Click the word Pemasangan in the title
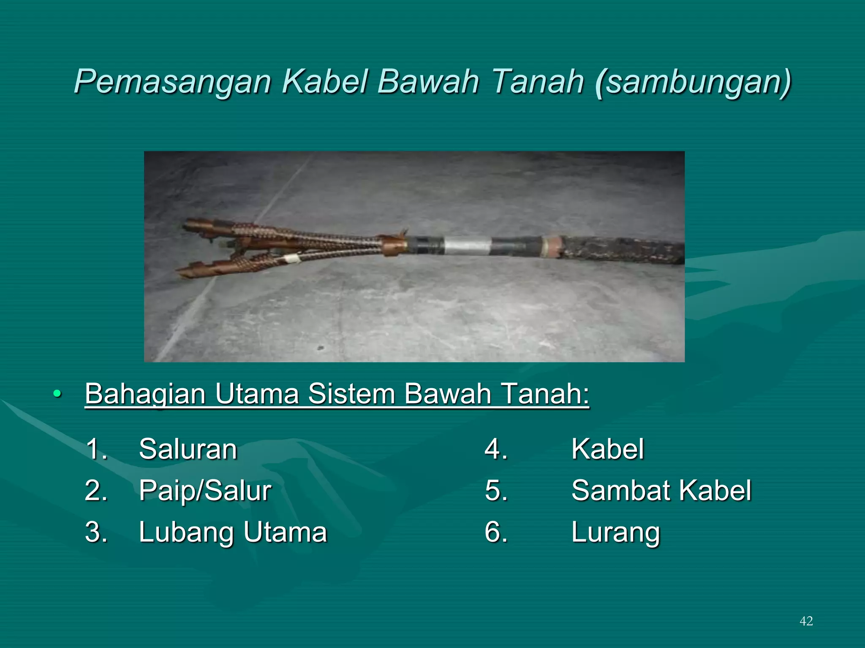click(x=172, y=82)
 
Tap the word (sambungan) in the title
click(x=693, y=82)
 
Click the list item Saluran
click(x=188, y=449)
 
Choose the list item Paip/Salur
click(x=205, y=491)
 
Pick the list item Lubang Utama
click(x=233, y=532)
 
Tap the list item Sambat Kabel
click(x=661, y=491)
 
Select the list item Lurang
click(x=615, y=532)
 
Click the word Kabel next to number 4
click(x=607, y=449)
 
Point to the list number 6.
click(x=496, y=532)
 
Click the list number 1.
click(x=97, y=449)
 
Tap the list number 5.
click(x=496, y=491)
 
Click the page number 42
click(x=806, y=621)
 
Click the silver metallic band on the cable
click(x=468, y=246)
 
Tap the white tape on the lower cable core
click(x=291, y=258)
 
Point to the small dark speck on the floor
click(x=321, y=348)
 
